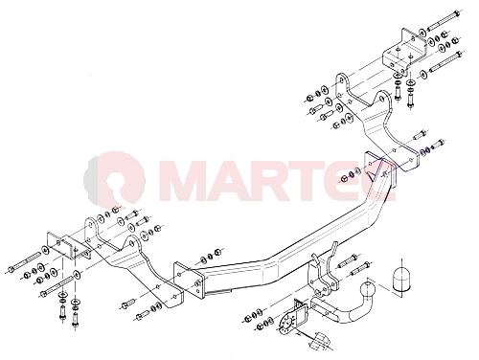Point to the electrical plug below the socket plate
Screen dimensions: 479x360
[319, 341]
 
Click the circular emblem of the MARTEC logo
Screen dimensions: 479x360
[115, 179]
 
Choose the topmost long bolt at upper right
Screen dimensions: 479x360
[443, 21]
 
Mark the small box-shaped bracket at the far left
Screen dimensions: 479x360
[69, 246]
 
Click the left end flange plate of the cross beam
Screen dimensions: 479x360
[189, 280]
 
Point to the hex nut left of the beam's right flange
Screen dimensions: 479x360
[344, 179]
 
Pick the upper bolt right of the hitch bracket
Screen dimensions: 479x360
[348, 260]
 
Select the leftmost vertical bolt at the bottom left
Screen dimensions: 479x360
[62, 311]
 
